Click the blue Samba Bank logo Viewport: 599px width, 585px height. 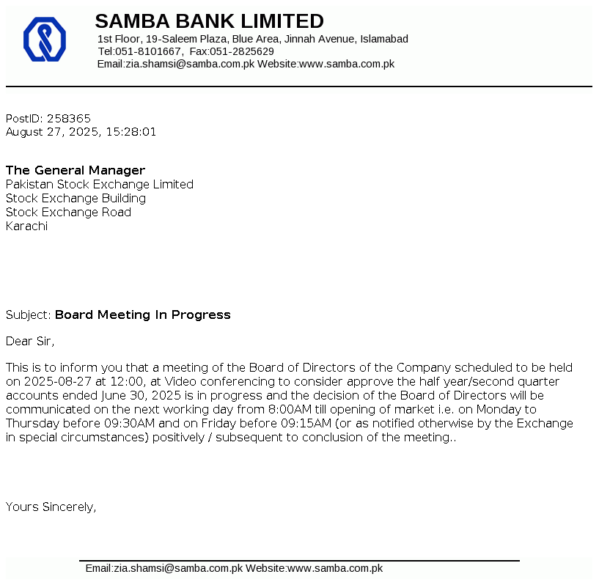coord(45,40)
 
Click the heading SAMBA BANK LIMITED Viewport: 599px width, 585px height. coord(209,21)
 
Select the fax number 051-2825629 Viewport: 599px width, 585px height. coord(242,51)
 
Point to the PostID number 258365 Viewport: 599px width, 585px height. coord(69,118)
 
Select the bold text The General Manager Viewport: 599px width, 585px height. coord(76,170)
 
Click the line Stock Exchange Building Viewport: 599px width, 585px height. coord(76,198)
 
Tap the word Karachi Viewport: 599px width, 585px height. coord(26,226)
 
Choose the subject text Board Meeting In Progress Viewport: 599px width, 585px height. coord(143,314)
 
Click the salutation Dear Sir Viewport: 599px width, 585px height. coord(29,341)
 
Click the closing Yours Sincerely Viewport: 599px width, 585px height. coord(51,507)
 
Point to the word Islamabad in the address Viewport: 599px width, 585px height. coord(384,39)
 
